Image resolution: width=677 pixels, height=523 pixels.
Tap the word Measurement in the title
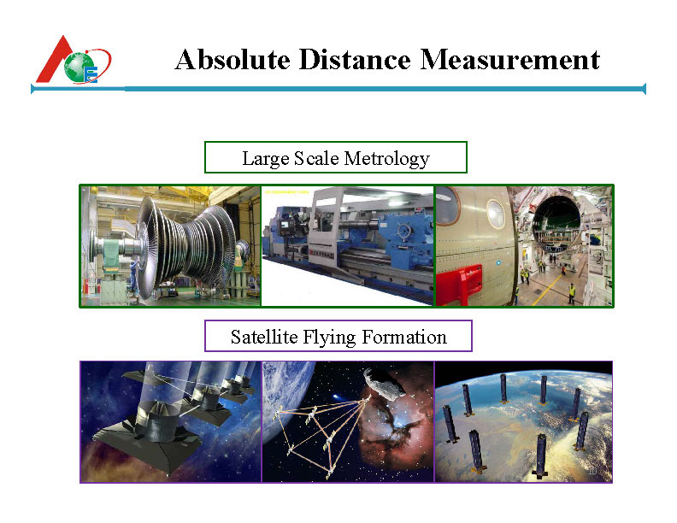[509, 60]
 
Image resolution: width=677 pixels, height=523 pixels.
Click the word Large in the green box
[265, 158]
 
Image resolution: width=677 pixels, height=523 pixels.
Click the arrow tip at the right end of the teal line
[642, 88]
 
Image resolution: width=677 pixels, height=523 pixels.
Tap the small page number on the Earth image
[592, 471]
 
